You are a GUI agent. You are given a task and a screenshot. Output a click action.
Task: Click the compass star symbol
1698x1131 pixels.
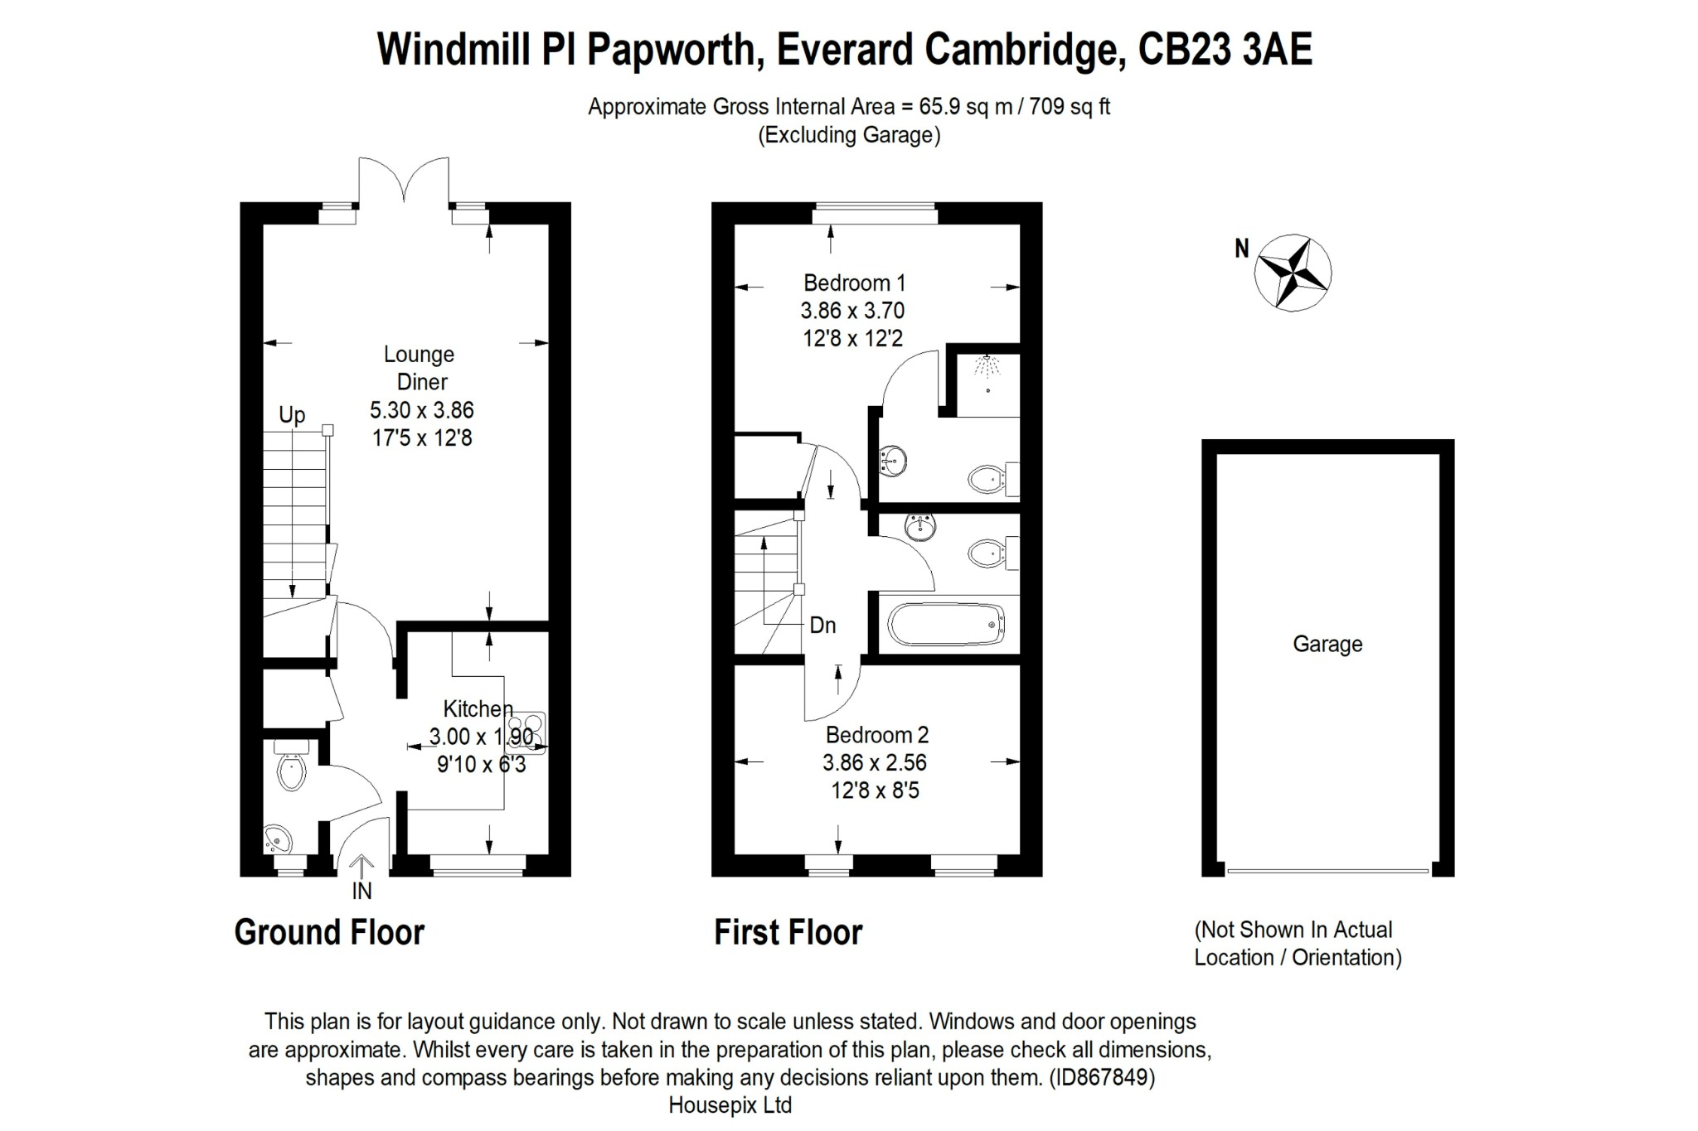1293,272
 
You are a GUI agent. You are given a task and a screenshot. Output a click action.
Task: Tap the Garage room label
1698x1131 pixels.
1327,644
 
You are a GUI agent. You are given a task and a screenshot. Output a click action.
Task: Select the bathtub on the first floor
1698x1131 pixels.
946,625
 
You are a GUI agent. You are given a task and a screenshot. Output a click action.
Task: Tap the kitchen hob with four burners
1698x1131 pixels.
531,732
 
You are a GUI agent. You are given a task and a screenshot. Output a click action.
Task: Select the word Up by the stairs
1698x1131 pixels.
292,415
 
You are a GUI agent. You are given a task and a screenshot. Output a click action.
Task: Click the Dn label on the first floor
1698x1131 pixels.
822,626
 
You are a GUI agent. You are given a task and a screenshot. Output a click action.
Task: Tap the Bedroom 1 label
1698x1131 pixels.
854,283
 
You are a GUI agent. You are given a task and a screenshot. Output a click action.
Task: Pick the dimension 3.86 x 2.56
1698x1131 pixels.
875,762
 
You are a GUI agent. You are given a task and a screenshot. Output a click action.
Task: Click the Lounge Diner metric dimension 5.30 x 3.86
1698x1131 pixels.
422,410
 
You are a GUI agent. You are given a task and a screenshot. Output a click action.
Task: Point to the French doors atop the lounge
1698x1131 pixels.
404,181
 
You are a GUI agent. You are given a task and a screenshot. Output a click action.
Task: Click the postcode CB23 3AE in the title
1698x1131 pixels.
1225,50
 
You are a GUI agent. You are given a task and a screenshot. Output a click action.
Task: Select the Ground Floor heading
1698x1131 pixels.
329,932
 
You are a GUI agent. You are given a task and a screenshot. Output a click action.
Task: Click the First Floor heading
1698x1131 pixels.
788,932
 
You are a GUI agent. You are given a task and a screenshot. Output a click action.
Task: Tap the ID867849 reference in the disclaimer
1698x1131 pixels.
1101,1077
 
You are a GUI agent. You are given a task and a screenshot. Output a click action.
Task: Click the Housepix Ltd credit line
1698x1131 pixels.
730,1105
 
